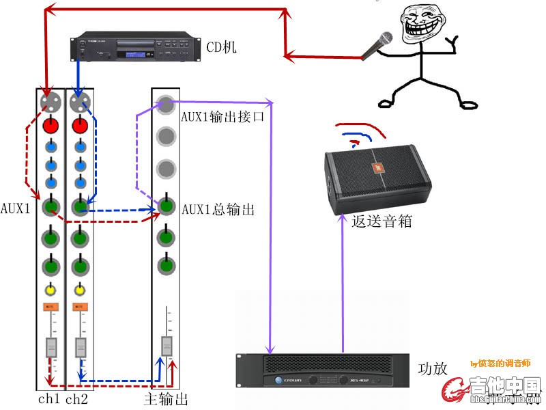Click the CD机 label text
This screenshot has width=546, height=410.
click(221, 48)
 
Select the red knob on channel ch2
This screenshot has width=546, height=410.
click(80, 126)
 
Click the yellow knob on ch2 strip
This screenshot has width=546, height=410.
click(80, 289)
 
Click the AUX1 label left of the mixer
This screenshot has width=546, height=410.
click(15, 208)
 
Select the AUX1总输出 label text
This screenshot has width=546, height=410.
click(218, 210)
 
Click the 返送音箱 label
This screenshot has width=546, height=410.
click(374, 222)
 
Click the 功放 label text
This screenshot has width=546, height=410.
click(433, 369)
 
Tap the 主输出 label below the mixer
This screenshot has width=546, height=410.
click(166, 398)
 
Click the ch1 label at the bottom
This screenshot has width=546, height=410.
click(48, 398)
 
